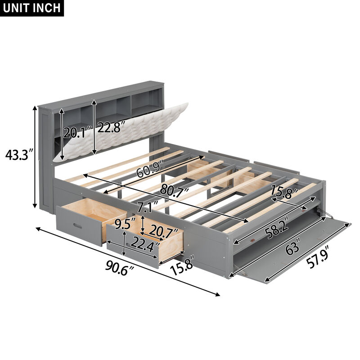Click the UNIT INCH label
click(x=32, y=9)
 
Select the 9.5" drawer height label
click(x=126, y=222)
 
